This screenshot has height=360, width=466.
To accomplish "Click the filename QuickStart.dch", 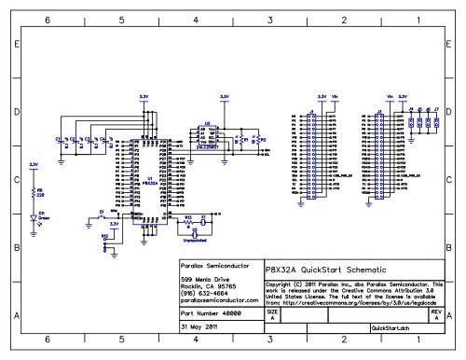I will point(390,328).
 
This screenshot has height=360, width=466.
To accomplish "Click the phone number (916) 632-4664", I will point(203,294).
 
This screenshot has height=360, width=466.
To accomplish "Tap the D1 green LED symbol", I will point(36,216).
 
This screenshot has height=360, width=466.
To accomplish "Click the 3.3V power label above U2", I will point(223,95).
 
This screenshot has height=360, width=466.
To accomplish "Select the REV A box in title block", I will point(435,317).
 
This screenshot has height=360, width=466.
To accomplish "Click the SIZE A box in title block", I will point(271,317).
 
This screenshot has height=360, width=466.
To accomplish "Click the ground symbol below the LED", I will point(35,233).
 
